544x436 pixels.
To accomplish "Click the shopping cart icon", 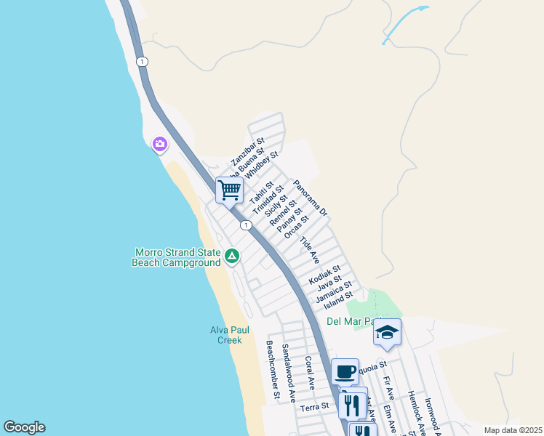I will [229, 190].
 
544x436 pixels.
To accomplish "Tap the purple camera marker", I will [159, 145].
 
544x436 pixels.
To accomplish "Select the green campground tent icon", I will [231, 256].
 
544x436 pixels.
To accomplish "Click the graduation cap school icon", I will [387, 332].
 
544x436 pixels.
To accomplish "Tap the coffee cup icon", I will [345, 372].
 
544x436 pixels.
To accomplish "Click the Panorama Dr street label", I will [311, 198].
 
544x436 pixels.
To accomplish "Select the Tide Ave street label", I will [310, 249].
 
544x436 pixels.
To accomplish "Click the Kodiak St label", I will [324, 273].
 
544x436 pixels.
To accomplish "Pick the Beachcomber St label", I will [273, 371].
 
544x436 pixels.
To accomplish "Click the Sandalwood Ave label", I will [289, 373].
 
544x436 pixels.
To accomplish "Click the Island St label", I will [338, 296].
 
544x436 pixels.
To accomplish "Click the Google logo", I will [24, 427].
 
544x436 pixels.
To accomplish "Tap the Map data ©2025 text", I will [513, 430].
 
